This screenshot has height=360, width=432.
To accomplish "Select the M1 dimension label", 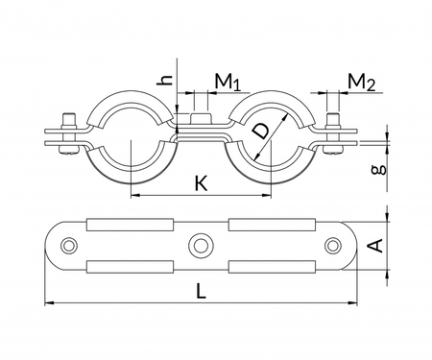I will pos(227,81).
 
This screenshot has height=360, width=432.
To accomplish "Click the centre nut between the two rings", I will pos(202,121).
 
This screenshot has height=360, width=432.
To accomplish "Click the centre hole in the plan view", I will pos(202,245).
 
